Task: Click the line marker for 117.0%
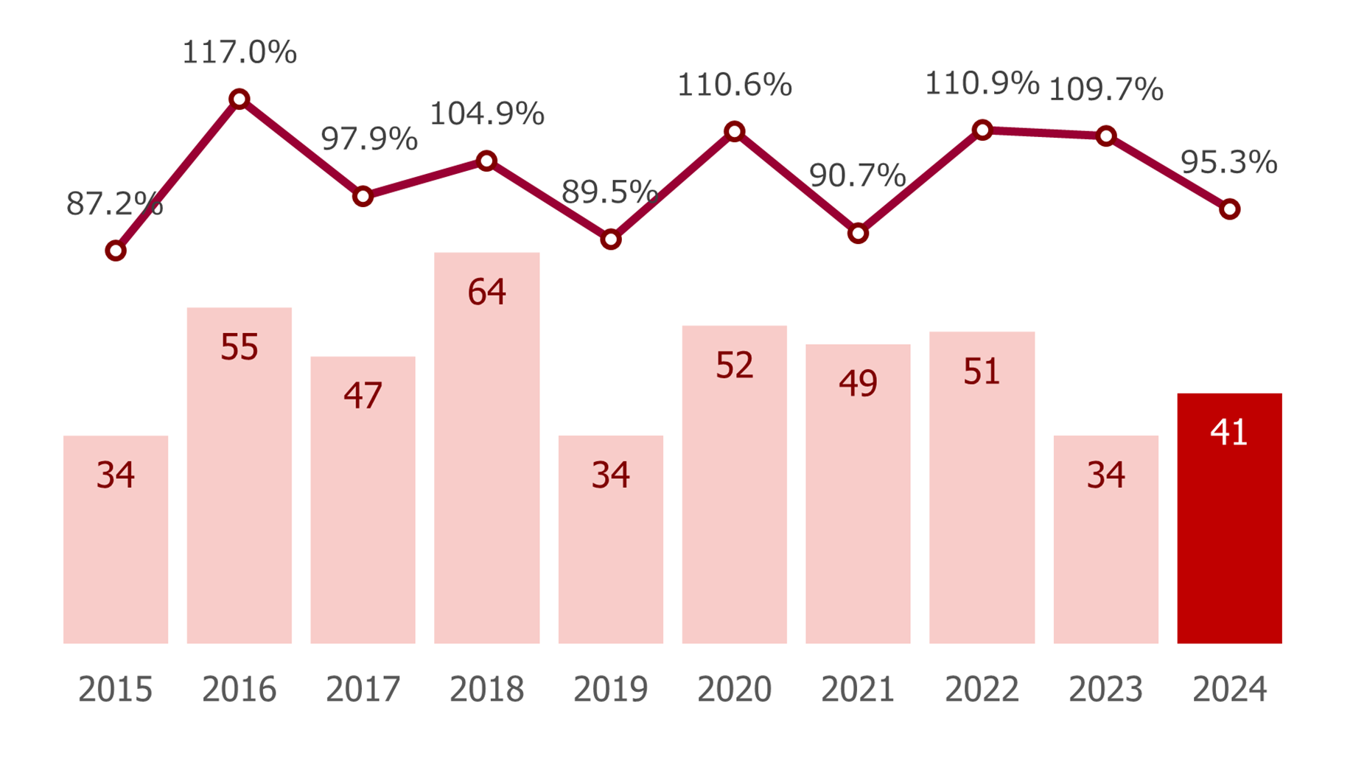239,99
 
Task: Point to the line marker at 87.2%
116,251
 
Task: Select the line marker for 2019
610,240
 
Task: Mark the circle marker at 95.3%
1229,209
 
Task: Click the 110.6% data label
734,85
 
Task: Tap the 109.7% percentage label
1105,90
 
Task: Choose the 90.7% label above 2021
857,175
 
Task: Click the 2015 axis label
116,690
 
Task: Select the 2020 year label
734,690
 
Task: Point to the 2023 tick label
1105,690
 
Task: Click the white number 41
1228,432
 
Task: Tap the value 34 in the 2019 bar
610,475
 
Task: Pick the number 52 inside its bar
734,365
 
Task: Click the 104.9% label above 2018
486,113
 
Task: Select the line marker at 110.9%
982,130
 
